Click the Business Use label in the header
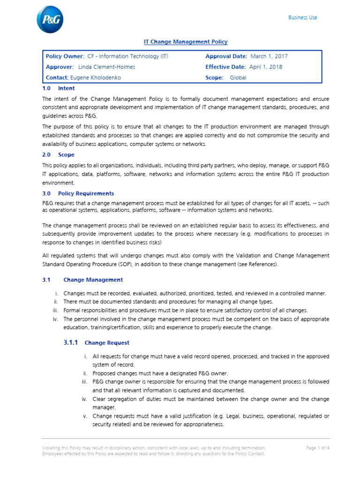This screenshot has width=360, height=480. tap(302, 17)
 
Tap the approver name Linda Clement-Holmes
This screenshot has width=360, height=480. tap(106, 67)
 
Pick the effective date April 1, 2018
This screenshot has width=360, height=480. tap(265, 67)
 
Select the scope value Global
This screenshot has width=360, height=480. tap(238, 78)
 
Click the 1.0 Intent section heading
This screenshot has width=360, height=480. tap(59, 88)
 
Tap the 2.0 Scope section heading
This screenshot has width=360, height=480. tap(58, 154)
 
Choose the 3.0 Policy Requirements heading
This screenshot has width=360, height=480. tap(78, 193)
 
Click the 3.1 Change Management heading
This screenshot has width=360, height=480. tap(82, 280)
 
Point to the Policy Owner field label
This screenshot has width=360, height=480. tap(65, 56)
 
